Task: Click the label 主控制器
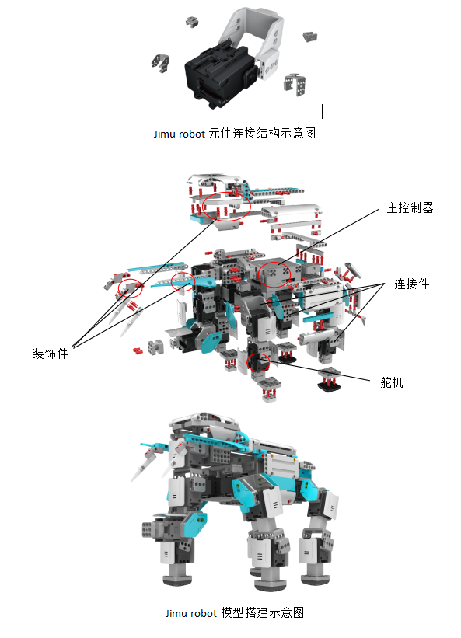point(410,208)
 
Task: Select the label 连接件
point(412,284)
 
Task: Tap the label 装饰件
point(50,354)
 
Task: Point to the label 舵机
point(392,382)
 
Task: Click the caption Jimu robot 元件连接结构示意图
point(235,134)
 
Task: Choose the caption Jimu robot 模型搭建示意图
point(235,613)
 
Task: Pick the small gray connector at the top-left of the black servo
point(192,21)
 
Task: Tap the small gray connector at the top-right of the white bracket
point(310,37)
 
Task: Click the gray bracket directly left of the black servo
point(161,63)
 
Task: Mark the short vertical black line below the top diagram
point(323,111)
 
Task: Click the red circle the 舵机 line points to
point(259,362)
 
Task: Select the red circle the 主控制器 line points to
point(274,274)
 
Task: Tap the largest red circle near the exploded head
point(227,206)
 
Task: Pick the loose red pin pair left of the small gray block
point(138,350)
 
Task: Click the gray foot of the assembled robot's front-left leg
point(177,579)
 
